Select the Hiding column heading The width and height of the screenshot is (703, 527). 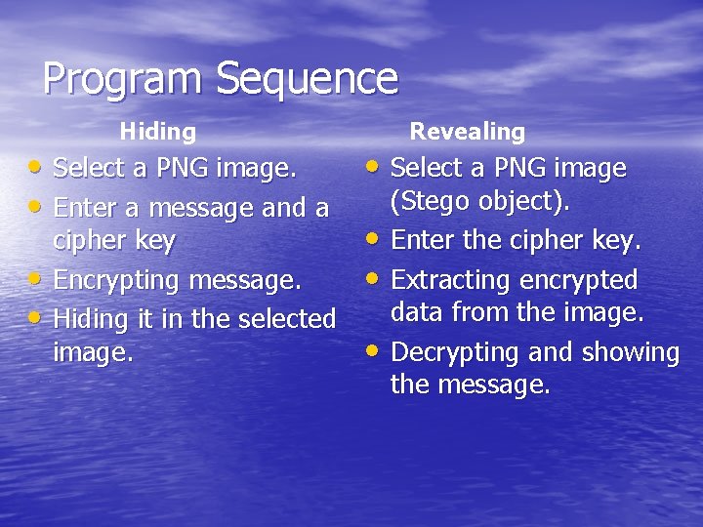[157, 131]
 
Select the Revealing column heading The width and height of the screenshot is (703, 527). [467, 131]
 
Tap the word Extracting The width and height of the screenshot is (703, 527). [455, 281]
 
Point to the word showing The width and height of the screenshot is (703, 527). [630, 352]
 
